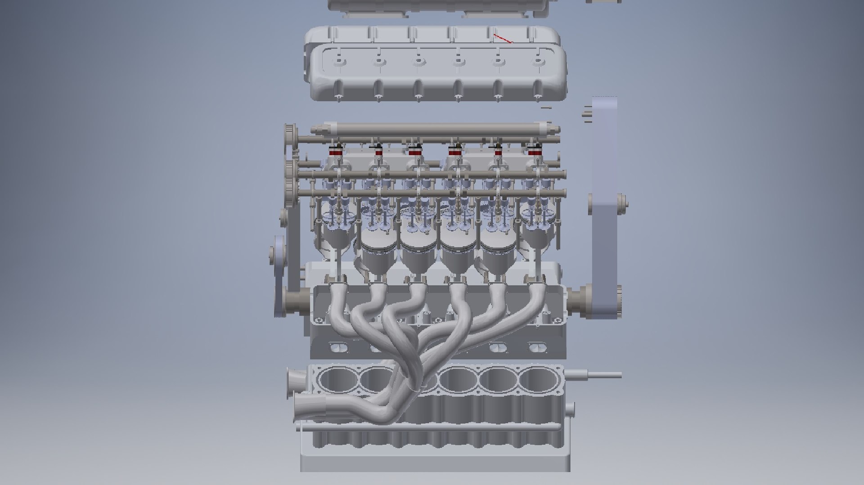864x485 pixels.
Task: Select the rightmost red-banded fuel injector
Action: pos(534,152)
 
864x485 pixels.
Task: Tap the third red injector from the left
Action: pos(414,152)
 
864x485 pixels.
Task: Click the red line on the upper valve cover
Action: pos(503,39)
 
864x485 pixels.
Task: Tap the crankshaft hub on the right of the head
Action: pos(580,299)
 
